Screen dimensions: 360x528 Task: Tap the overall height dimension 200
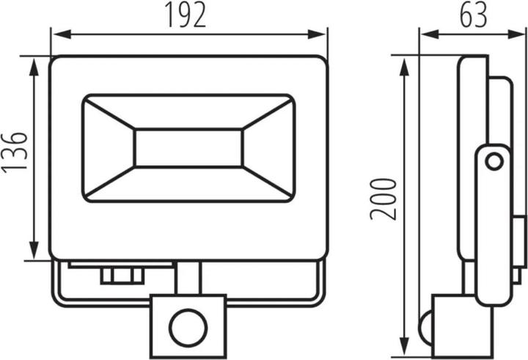coord(383,198)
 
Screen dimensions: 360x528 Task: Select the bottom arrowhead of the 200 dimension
coord(405,350)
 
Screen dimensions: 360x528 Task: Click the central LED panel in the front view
coord(188,148)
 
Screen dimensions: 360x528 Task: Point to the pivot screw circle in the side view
coord(495,161)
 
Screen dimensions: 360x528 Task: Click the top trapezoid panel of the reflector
coord(188,111)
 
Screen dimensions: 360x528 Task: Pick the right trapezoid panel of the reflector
coord(269,148)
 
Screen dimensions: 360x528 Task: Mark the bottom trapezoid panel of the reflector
coord(188,185)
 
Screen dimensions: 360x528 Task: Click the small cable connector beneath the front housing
coord(120,275)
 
